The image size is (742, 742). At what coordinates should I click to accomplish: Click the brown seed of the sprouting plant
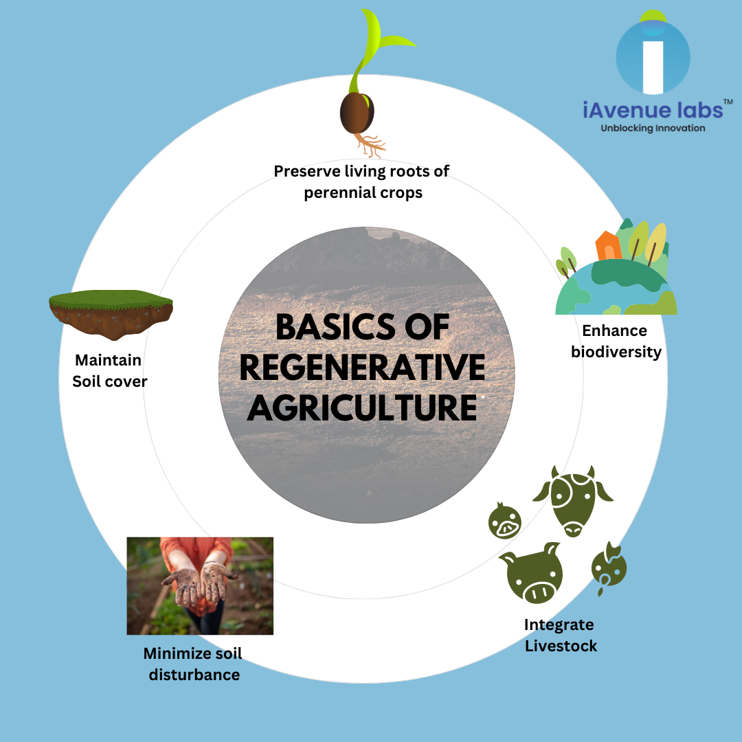[x=358, y=113]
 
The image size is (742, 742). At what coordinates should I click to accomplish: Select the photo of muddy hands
[x=200, y=585]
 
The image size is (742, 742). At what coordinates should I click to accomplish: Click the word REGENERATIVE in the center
[x=362, y=368]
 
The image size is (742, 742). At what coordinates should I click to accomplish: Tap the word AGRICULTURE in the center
[x=362, y=407]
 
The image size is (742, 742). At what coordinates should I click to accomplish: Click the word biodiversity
[x=616, y=352]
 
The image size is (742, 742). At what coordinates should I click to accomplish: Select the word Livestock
[x=561, y=646]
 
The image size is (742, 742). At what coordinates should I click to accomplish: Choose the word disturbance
[x=194, y=675]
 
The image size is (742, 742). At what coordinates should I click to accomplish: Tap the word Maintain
[x=108, y=360]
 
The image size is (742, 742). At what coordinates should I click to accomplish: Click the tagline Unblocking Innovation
[x=653, y=128]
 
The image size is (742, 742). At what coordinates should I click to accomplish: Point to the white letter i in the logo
[x=653, y=65]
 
